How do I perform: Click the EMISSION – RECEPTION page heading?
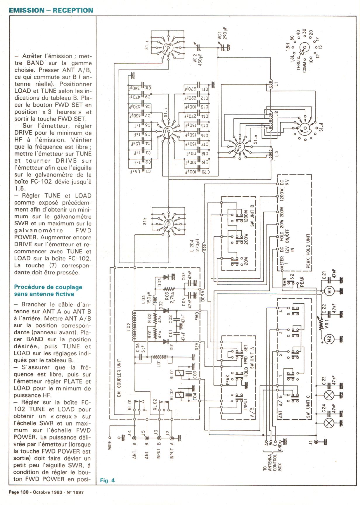51,10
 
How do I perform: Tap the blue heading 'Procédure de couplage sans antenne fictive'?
48,290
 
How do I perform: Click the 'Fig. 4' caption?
108,480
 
